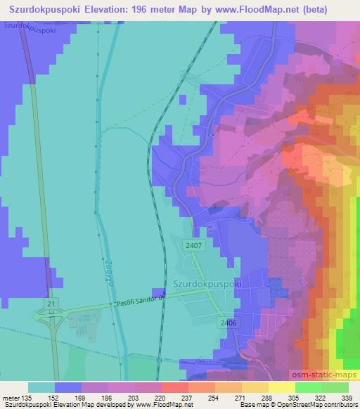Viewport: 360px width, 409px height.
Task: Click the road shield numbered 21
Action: coord(51,301)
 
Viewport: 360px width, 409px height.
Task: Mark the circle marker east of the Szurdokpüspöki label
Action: coord(302,283)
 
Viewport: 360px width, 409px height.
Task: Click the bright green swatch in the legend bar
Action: coord(308,387)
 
